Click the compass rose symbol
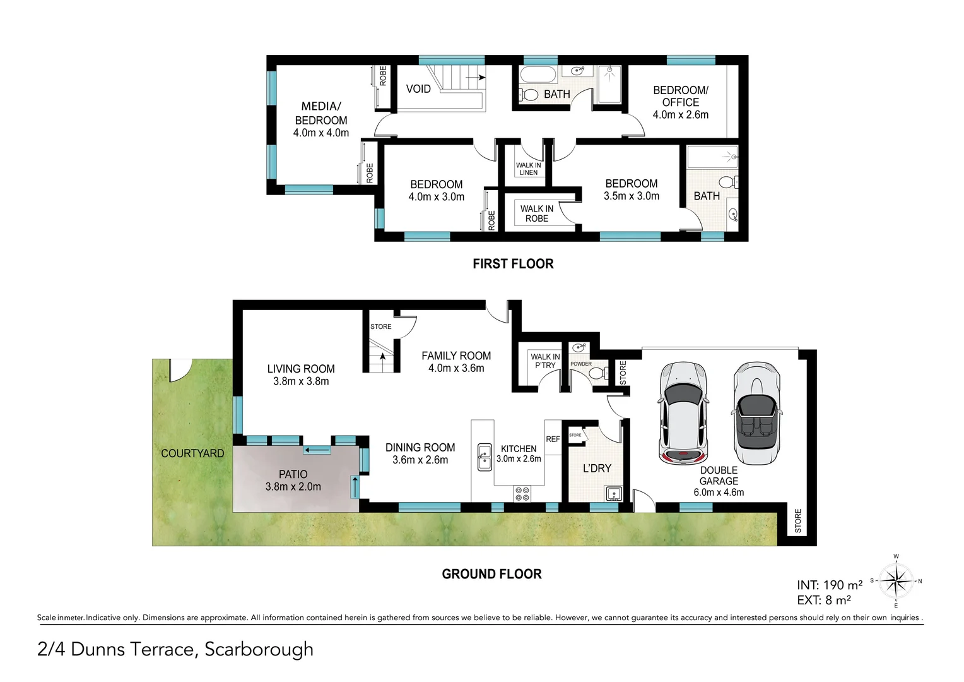click(896, 580)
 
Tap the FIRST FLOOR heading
click(513, 264)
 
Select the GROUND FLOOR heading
click(491, 574)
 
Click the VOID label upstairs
click(418, 89)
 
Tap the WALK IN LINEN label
click(528, 169)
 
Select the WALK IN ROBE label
click(536, 213)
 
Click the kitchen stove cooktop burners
click(522, 493)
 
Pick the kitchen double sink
click(485, 457)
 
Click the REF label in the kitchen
click(553, 439)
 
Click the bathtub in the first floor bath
click(538, 74)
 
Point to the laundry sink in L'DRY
click(613, 493)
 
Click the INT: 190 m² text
click(830, 585)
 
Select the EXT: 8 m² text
click(824, 601)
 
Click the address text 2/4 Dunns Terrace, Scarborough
click(175, 649)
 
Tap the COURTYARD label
click(192, 453)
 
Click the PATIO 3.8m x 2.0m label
click(293, 480)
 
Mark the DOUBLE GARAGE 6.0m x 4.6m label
click(719, 481)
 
